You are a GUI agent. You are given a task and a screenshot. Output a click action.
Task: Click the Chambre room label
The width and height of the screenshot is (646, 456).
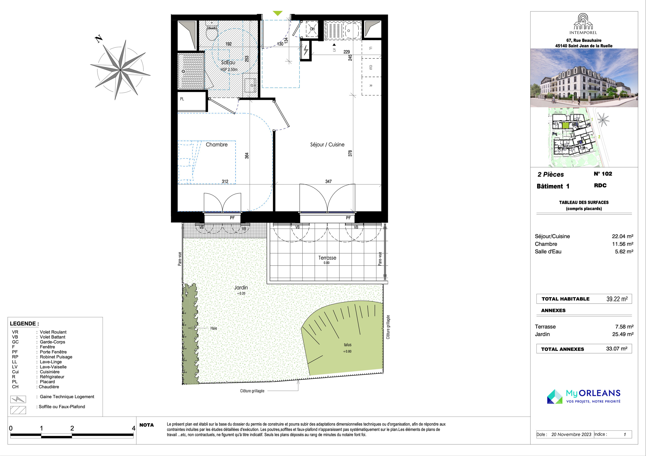coord(217,144)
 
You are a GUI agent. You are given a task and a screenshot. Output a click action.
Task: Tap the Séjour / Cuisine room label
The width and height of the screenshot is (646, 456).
coord(327,144)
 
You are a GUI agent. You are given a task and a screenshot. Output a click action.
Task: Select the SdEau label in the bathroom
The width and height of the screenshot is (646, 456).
coord(228,62)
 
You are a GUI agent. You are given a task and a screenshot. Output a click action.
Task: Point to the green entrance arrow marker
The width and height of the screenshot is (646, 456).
coord(278,13)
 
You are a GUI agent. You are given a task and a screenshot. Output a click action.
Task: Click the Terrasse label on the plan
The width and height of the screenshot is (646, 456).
coord(327,258)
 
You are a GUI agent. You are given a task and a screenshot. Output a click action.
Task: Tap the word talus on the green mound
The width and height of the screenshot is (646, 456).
coord(348,345)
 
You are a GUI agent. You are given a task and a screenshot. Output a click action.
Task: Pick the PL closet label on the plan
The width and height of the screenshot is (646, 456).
coord(182,99)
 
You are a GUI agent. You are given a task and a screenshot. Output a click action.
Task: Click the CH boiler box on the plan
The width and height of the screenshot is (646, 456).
coord(312,29)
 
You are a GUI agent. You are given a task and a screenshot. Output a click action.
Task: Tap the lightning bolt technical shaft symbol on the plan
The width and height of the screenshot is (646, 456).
coord(306,51)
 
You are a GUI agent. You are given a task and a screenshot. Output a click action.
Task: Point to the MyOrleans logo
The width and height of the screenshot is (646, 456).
coord(584,397)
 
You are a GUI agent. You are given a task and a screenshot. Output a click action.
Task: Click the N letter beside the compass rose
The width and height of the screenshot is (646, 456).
coord(99,38)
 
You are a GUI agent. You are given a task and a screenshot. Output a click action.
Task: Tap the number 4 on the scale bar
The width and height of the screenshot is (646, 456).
coord(134,428)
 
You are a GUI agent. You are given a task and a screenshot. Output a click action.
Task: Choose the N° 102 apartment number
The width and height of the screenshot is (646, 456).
coord(603,174)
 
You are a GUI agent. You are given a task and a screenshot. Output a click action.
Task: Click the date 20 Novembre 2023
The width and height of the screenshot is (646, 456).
coord(571,434)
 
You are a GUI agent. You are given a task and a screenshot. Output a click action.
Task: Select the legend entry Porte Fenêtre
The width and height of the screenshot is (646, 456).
coord(53,352)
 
